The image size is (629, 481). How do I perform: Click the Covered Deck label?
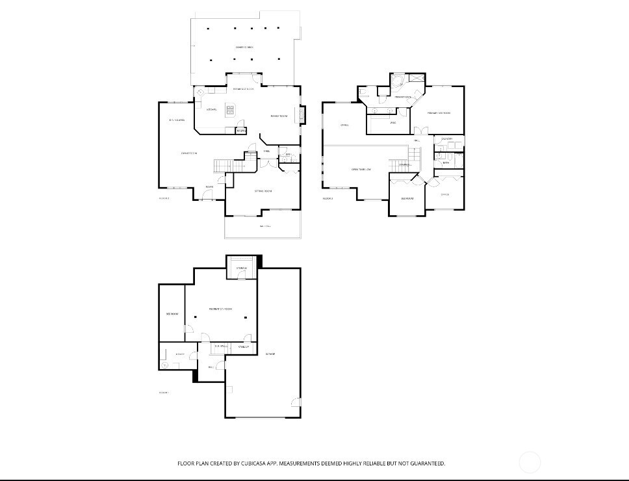click(244, 47)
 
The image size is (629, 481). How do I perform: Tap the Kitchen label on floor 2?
click(211, 109)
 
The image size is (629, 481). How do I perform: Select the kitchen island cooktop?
click(230, 110)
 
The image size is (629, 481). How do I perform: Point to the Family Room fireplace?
click(301, 115)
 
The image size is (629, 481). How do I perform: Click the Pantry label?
click(240, 131)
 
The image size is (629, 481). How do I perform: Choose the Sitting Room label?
click(263, 191)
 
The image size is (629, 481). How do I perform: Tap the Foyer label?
click(209, 187)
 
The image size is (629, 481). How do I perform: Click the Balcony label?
click(264, 226)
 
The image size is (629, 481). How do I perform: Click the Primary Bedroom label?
click(439, 113)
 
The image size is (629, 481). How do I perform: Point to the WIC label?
click(393, 122)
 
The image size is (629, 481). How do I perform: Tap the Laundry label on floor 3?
click(446, 139)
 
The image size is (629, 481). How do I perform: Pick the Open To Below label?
click(361, 170)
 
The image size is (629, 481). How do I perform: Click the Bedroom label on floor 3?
click(407, 198)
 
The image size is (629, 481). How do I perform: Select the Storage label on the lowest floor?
click(241, 268)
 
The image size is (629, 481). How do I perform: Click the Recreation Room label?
click(220, 309)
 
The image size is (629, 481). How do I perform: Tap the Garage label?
click(271, 354)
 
